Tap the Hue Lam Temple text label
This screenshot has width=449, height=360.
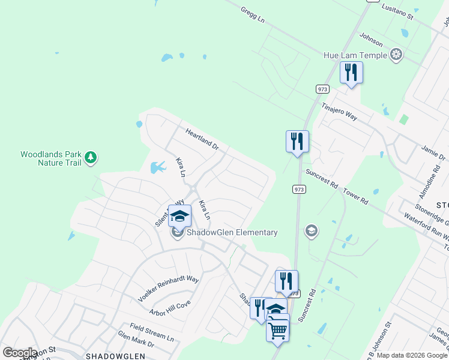click(356, 55)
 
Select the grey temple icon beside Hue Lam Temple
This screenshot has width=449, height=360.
click(396, 55)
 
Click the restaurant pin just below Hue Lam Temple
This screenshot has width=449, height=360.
click(351, 73)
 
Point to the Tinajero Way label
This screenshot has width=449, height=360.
click(339, 112)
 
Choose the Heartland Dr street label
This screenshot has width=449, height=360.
click(202, 139)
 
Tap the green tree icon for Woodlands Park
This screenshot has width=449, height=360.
click(91, 158)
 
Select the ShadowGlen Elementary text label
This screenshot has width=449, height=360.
click(232, 232)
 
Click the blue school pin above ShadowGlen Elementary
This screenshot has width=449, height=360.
click(179, 215)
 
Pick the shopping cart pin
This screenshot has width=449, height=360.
click(278, 329)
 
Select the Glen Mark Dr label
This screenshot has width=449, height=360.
click(136, 340)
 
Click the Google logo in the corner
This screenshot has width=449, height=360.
click(20, 353)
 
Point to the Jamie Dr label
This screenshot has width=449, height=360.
click(433, 152)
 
